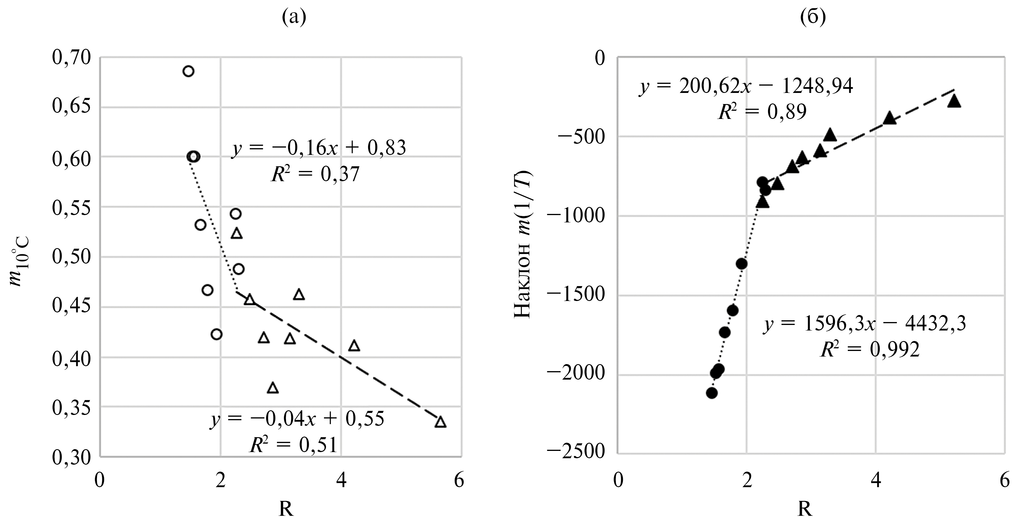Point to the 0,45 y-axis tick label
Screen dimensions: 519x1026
(x=72, y=307)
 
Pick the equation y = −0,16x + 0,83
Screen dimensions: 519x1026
(x=319, y=148)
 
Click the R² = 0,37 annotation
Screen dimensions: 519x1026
(x=315, y=174)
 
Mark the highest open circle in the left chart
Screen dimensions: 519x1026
(x=188, y=71)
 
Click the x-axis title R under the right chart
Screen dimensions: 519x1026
(x=805, y=509)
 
